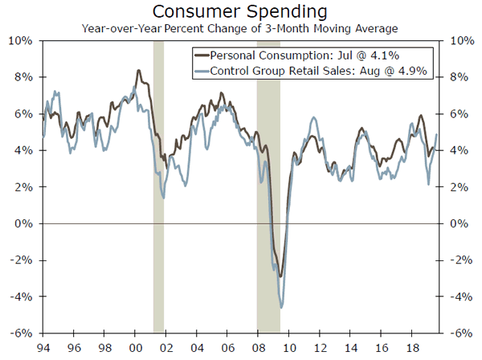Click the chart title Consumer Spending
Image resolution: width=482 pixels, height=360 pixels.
[241, 12]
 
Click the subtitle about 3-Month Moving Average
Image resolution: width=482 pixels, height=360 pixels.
[241, 28]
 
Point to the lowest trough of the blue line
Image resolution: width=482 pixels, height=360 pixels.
[281, 307]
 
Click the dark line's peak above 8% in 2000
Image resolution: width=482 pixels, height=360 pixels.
[139, 72]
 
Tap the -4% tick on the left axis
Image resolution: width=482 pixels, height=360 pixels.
[19, 297]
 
